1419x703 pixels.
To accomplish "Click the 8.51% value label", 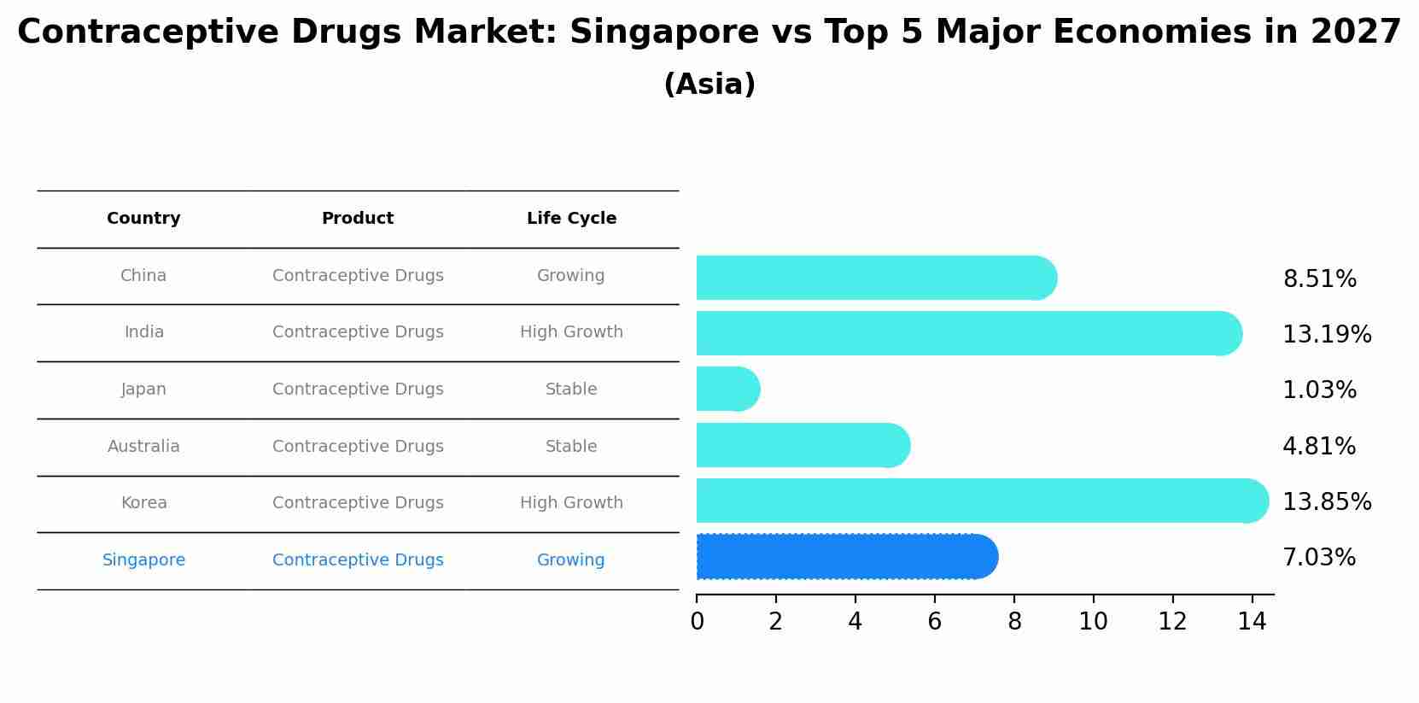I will click(1319, 279).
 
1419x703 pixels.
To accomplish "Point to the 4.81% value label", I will click(1319, 446).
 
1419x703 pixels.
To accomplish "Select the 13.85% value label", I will click(1327, 501).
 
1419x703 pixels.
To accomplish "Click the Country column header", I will click(143, 219).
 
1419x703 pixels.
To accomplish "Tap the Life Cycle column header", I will click(571, 219).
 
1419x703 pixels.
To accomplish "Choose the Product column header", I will click(358, 219).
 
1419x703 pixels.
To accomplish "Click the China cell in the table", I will click(143, 276).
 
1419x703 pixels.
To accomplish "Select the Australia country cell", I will click(143, 447).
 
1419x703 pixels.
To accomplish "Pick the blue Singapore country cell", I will click(143, 560).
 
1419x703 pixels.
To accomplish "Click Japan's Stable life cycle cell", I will click(571, 390).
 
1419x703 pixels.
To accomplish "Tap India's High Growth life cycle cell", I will click(571, 332).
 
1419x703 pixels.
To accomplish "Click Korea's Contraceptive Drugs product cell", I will click(358, 503).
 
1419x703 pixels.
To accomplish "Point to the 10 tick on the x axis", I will click(1093, 622).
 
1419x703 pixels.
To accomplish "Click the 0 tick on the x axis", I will click(697, 622).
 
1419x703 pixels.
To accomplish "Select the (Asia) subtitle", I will click(709, 85).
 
